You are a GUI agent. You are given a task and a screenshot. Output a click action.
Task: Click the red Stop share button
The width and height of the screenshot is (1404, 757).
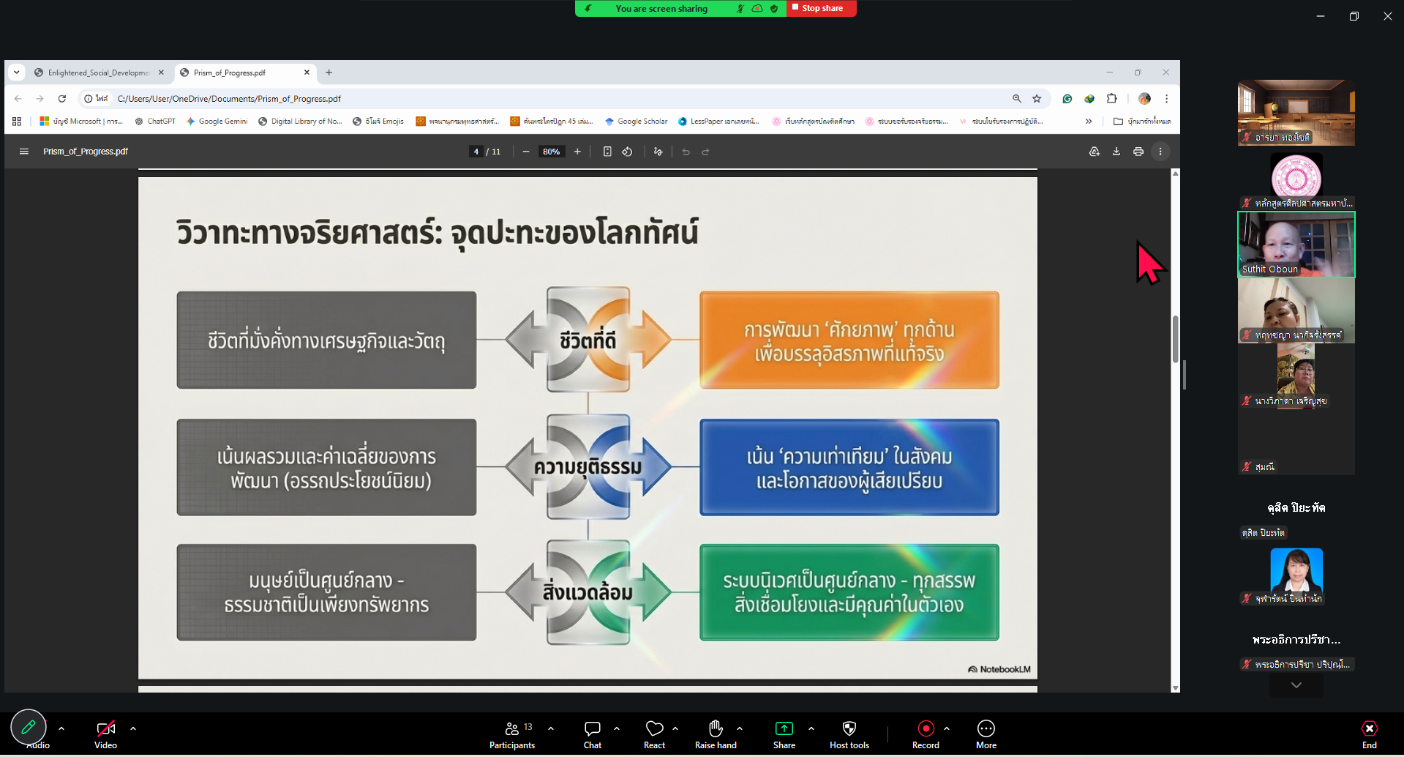[821, 9]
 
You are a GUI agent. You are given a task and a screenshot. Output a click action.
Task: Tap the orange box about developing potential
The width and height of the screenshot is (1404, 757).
[849, 340]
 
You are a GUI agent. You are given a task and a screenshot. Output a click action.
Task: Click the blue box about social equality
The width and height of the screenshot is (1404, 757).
[849, 468]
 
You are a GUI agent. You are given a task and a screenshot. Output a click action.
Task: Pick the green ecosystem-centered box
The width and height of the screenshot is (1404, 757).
[849, 592]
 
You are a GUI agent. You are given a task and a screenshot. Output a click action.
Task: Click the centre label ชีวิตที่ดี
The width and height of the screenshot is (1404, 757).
[588, 340]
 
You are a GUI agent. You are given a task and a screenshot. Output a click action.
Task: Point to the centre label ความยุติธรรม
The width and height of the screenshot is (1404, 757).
[588, 467]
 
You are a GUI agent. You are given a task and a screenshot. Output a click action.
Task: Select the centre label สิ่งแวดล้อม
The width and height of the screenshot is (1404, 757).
[588, 592]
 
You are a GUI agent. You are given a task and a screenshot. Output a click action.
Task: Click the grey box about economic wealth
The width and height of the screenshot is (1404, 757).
[326, 340]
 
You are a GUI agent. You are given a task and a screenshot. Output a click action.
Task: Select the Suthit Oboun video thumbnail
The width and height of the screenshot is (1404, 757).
[1296, 245]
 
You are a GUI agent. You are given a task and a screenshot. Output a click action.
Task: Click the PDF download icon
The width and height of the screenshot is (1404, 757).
[1116, 152]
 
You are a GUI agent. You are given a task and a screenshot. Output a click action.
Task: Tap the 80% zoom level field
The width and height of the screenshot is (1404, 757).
[551, 152]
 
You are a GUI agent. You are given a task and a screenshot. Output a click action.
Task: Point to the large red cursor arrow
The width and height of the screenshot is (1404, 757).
[1149, 264]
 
